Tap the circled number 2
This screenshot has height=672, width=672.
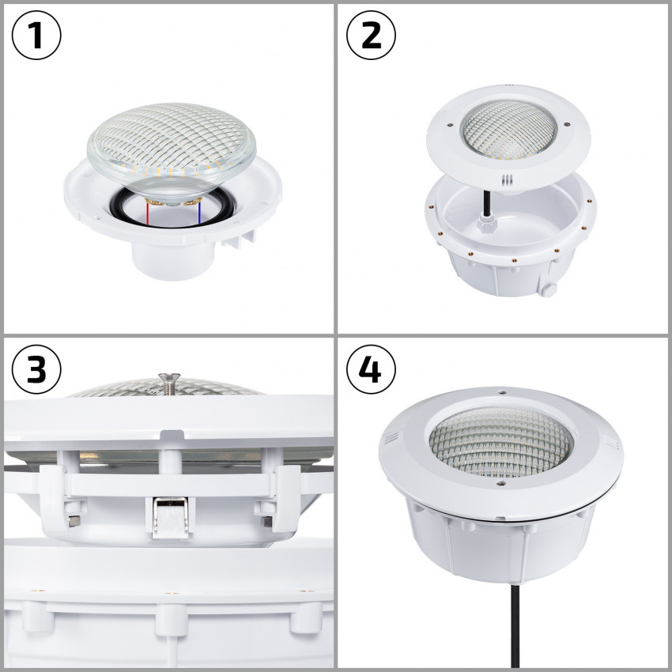point(372,36)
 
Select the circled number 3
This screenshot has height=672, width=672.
point(37,369)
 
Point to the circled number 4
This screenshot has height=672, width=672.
point(372,369)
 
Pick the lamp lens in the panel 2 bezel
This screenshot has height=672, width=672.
point(504,124)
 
